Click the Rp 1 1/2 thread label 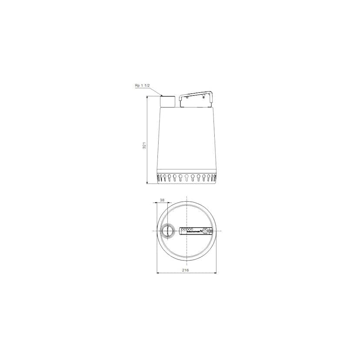click(142, 86)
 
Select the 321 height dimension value click(144, 145)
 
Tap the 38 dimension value click(162, 200)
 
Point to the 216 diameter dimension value click(186, 270)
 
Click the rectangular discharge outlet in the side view click(168, 102)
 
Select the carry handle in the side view click(196, 94)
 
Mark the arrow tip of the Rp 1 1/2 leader click(161, 96)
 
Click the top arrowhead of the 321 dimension click(147, 97)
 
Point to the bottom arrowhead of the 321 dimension click(147, 183)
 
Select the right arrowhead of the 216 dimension click(216, 273)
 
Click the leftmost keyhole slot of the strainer click(160, 177)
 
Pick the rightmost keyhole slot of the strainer click(213, 177)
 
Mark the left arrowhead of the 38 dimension click(157, 203)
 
